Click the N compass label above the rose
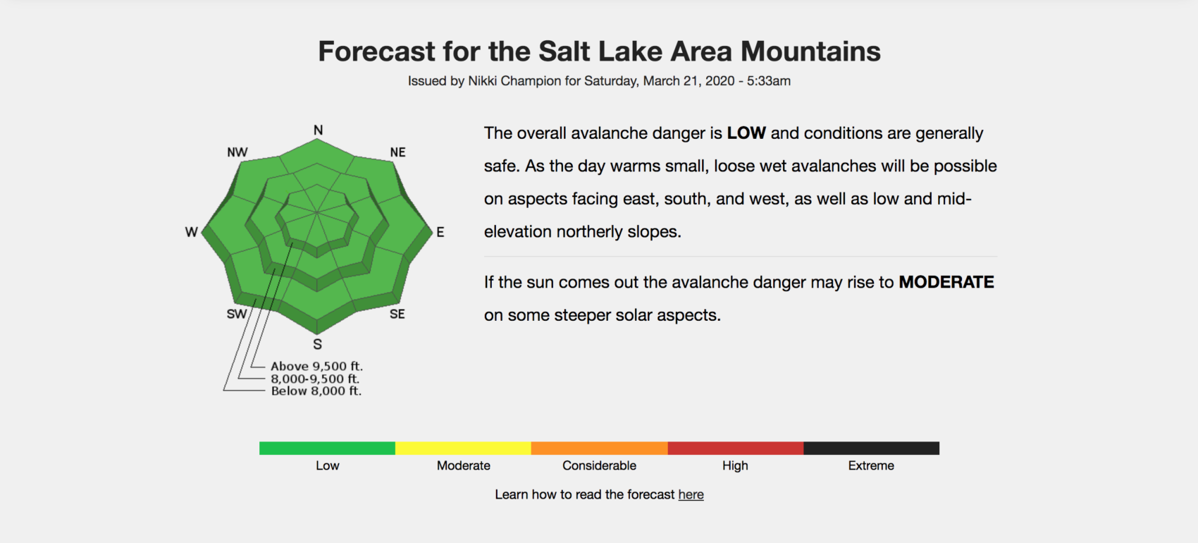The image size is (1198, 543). point(319,130)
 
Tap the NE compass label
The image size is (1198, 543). point(397,152)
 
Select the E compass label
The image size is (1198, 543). point(440,232)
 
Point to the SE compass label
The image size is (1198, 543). point(397,314)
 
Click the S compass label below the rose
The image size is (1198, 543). point(318,345)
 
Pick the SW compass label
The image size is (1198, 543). point(237,314)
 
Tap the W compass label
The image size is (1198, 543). point(192,232)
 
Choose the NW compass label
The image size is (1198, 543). point(237,152)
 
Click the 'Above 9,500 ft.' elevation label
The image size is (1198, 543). point(316,367)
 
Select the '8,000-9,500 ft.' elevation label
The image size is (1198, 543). point(315,379)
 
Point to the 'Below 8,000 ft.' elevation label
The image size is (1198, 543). point(316,391)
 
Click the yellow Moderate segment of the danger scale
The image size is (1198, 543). point(463,449)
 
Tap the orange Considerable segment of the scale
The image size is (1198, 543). point(600,449)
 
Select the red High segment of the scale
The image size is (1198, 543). point(736,449)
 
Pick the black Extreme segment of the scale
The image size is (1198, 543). point(871,449)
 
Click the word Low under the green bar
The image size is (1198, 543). point(327,465)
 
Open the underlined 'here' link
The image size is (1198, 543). point(691,494)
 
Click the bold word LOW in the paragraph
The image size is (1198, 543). point(746,133)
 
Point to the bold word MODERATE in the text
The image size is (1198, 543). point(946,282)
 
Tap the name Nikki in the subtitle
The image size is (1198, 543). point(482,81)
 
